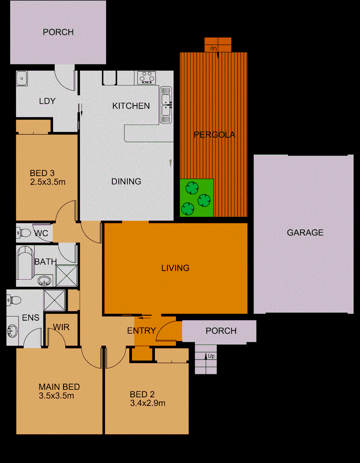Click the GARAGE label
click(305, 233)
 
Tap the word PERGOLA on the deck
click(214, 135)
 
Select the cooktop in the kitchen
click(147, 78)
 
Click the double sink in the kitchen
click(166, 104)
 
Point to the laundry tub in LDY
click(22, 78)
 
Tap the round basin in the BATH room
click(43, 281)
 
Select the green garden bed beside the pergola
click(197, 198)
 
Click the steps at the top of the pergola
click(218, 45)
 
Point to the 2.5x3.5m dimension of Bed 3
click(47, 182)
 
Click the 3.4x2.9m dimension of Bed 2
click(148, 403)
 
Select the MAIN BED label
click(59, 387)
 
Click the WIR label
click(61, 327)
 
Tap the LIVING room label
click(175, 268)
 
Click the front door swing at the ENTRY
click(165, 331)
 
